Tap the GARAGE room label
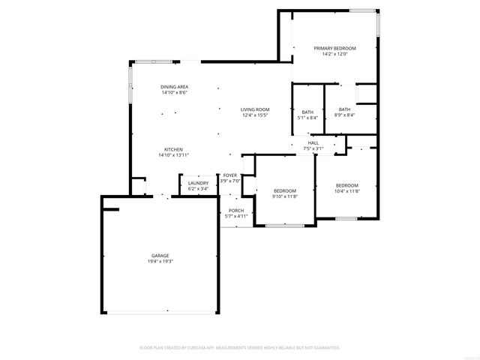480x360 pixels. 159,256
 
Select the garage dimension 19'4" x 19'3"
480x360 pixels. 159,262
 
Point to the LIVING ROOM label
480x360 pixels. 255,109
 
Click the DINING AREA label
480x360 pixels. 174,87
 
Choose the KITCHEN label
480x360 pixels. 174,149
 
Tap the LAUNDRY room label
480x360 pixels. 198,183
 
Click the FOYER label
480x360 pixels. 230,175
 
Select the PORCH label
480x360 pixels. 236,210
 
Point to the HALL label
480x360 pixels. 313,142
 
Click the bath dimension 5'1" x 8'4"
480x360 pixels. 307,118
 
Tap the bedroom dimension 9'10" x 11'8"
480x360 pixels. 285,196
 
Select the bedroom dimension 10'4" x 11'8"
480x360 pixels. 346,191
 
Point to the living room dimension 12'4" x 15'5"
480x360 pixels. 255,115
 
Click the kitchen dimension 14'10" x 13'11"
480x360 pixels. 174,155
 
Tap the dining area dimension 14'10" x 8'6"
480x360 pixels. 174,93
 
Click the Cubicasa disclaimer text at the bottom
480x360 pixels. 240,348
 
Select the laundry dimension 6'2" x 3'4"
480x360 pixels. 198,189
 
